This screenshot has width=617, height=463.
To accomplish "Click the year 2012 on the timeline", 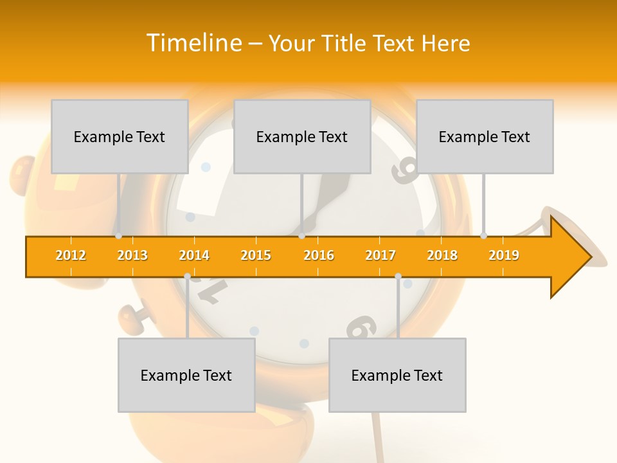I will (x=71, y=255).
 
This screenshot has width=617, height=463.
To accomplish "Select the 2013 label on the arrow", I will (x=132, y=255).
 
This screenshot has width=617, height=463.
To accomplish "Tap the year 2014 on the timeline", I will (x=194, y=255).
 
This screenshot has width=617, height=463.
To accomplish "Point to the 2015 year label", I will (x=256, y=255).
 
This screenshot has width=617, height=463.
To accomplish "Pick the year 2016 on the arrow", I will (x=319, y=255).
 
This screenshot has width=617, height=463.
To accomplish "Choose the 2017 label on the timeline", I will (x=380, y=255).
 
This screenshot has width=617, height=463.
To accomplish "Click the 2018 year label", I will (x=442, y=255).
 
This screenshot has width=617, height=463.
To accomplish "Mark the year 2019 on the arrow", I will (x=504, y=255).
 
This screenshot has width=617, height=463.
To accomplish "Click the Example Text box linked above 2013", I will (x=120, y=136).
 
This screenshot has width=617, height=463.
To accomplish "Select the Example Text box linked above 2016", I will (x=302, y=136).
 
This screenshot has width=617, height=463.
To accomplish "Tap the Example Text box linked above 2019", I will (x=485, y=136).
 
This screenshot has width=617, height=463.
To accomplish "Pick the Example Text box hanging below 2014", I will (x=186, y=375).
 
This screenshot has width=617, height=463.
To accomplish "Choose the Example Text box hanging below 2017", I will (x=397, y=375).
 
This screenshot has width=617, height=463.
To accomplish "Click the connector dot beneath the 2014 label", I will (x=187, y=276).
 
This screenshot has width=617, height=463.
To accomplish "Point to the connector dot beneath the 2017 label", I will (x=398, y=276).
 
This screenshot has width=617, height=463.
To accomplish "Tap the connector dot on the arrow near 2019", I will (x=483, y=235).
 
